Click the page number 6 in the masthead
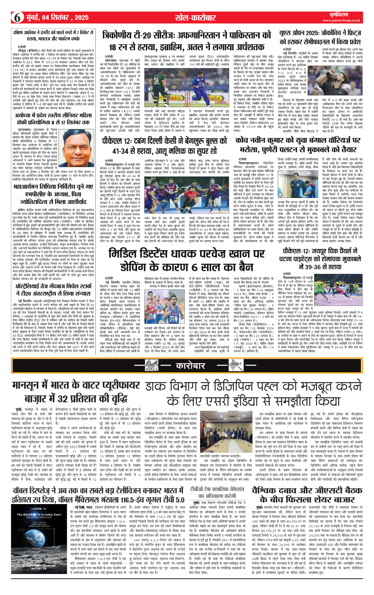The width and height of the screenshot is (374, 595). [x=17, y=17]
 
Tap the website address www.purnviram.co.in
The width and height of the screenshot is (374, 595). [x=341, y=20]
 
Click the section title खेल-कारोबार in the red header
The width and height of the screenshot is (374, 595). [x=195, y=18]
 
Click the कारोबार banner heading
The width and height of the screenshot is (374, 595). [x=190, y=366]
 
